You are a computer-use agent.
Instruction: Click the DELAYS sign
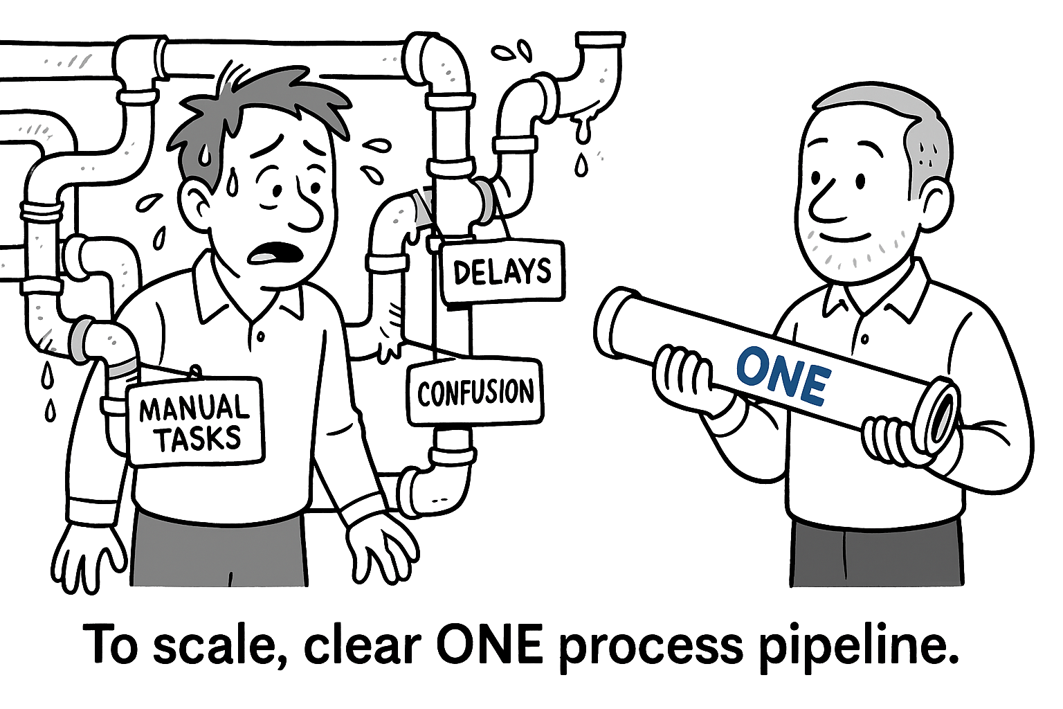503,271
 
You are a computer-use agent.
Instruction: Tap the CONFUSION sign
475,392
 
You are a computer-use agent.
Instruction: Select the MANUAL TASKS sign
195,422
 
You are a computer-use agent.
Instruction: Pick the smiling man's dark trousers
875,554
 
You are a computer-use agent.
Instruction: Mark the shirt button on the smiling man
864,339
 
